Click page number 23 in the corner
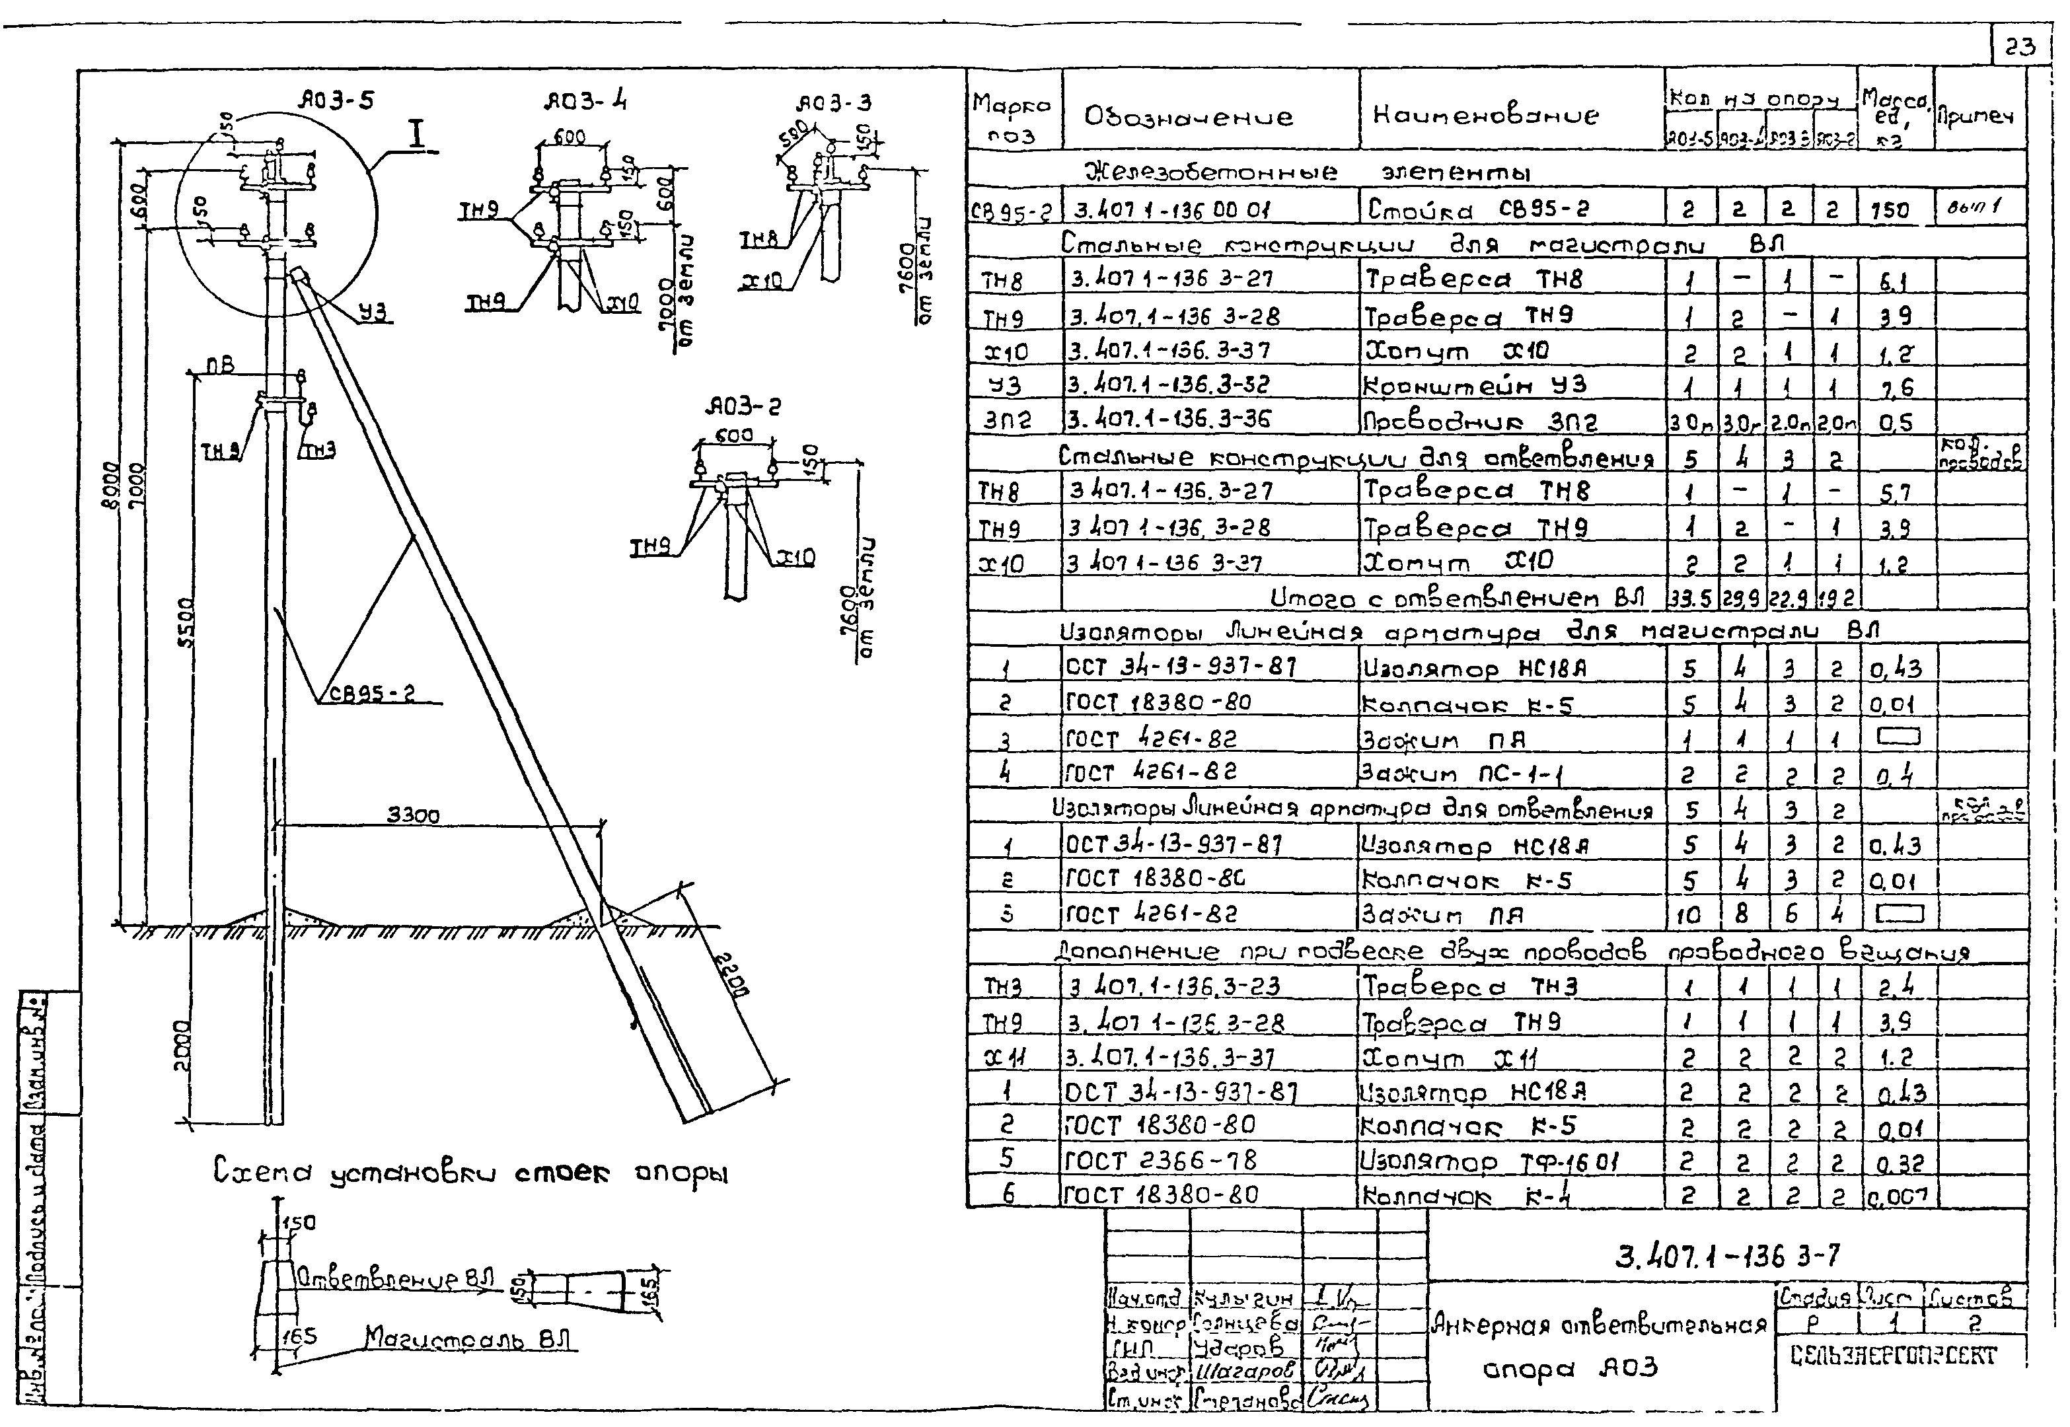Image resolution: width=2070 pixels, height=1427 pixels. coord(2018,46)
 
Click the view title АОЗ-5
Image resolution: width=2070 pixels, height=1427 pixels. coord(336,100)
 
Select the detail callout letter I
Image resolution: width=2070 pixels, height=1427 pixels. coord(417,136)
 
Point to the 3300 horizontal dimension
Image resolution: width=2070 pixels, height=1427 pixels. coord(413,815)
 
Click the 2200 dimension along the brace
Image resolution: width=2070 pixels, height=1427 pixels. coord(732,974)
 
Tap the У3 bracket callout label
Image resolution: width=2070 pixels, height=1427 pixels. coord(374,311)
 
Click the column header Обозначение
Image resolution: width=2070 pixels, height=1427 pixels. coord(1189,116)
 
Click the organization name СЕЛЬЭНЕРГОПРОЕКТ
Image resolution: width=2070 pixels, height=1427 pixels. coord(1894,1356)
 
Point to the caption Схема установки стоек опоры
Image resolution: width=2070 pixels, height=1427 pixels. coord(470,1171)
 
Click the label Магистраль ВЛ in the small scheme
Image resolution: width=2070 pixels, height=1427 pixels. coord(468,1338)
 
